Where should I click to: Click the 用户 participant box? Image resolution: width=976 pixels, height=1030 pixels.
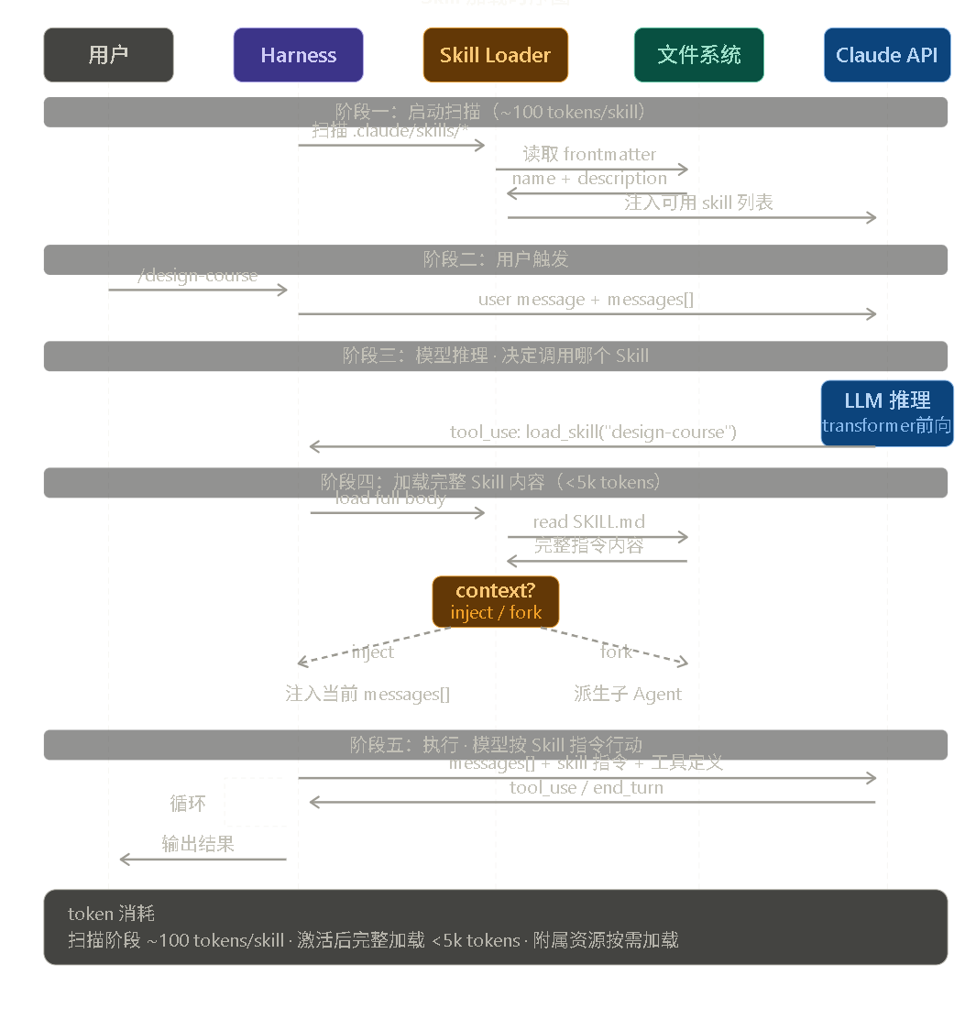pos(108,55)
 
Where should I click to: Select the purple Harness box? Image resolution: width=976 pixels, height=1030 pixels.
pos(298,55)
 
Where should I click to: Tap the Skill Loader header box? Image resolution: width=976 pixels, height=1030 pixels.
pos(495,55)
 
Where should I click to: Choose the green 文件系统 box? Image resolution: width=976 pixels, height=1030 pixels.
pos(698,55)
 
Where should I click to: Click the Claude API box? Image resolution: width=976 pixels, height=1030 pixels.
pos(886,55)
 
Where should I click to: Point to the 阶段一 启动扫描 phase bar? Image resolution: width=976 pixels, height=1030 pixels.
pos(495,112)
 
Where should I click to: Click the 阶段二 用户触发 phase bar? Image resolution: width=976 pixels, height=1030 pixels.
pos(495,259)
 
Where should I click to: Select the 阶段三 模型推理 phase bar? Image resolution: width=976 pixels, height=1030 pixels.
pos(495,356)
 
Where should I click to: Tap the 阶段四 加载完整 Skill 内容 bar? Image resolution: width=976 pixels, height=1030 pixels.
pos(495,482)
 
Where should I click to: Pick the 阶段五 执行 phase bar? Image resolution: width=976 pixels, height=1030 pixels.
pos(495,744)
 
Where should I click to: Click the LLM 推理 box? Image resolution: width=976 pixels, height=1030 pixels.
pos(886,412)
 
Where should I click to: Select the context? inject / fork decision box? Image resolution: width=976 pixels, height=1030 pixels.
pos(495,601)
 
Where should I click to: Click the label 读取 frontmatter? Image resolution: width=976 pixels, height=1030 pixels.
pos(589,154)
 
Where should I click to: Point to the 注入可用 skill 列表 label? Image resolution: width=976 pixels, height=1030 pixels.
pos(698,203)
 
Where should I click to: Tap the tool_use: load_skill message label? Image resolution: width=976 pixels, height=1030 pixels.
pos(593,432)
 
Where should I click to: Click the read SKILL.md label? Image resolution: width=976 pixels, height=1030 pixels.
pos(588,521)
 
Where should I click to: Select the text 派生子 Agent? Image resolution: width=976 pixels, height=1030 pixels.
pos(627,694)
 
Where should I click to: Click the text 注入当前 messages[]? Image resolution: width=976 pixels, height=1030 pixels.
pos(367,694)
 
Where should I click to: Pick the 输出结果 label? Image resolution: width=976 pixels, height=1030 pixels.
pos(198,843)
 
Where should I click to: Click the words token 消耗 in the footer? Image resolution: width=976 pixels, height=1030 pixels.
pos(111,914)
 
